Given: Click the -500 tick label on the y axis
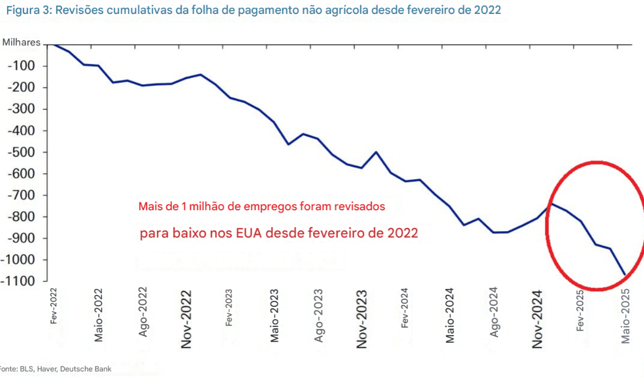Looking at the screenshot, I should (x=21, y=152).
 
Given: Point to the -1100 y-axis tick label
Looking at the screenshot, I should (x=19, y=281).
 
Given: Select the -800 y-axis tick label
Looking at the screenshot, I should (x=21, y=217).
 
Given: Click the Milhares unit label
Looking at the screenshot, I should (x=21, y=43).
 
